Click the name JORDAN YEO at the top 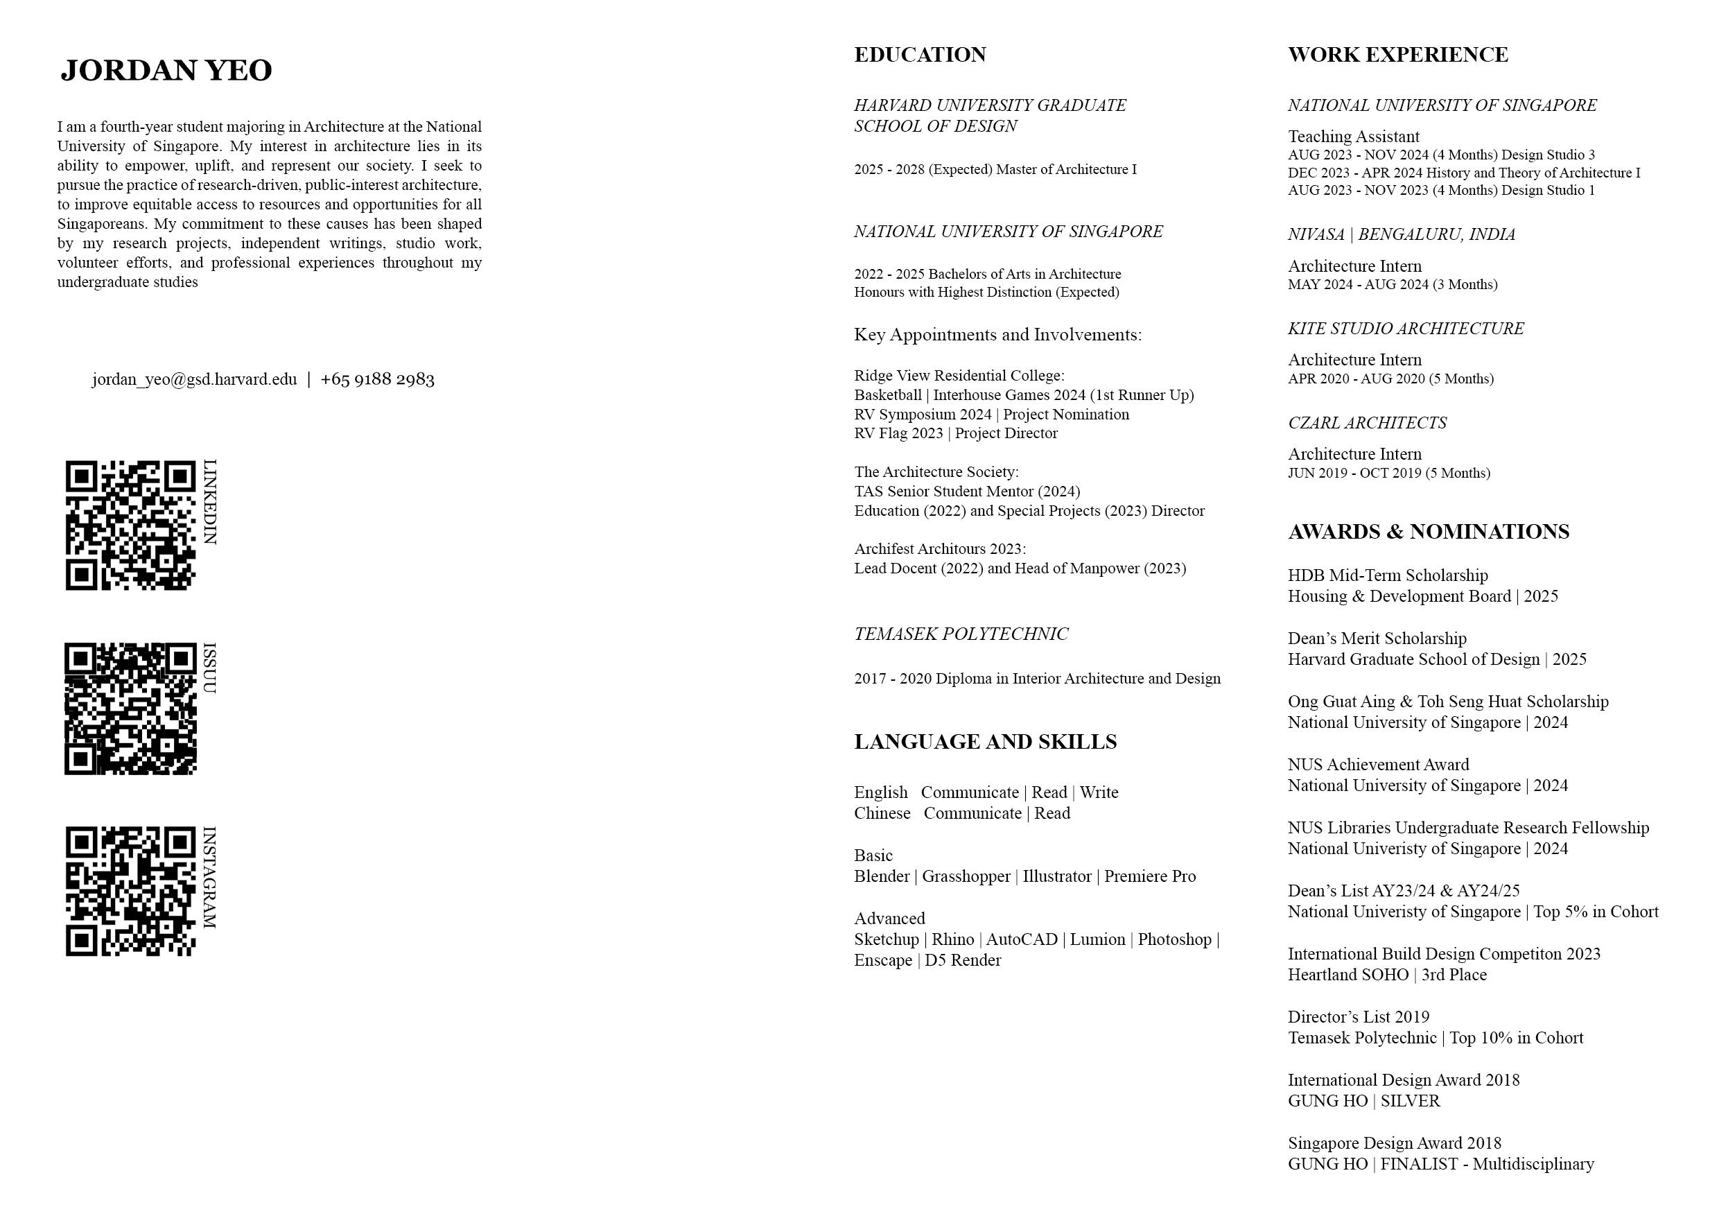click(166, 71)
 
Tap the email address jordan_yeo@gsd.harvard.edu click(195, 380)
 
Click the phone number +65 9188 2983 click(377, 380)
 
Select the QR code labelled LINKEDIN click(130, 526)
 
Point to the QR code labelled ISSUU click(130, 709)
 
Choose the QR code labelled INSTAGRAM click(130, 891)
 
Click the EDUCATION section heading click(920, 55)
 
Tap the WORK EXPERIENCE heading click(1398, 55)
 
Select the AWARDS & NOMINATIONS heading click(1429, 532)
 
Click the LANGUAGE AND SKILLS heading click(985, 742)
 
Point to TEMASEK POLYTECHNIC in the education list click(961, 634)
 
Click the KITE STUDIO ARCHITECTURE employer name click(1405, 329)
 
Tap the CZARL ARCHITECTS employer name click(1367, 423)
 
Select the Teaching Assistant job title click(1354, 137)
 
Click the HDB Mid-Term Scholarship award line click(1387, 576)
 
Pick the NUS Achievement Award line click(1379, 765)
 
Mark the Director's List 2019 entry click(1358, 1017)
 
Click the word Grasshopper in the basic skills click(966, 876)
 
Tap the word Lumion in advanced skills click(1097, 939)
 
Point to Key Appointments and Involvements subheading click(998, 335)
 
